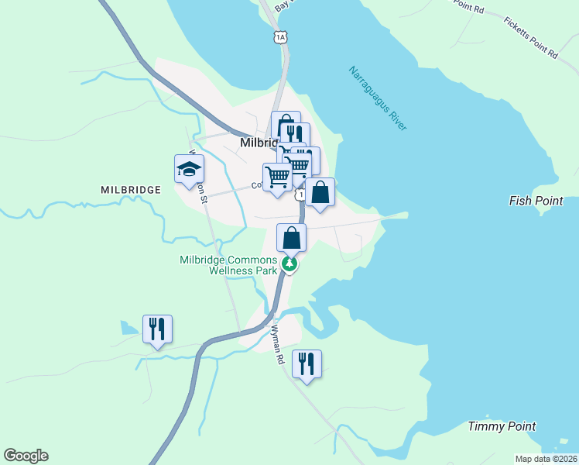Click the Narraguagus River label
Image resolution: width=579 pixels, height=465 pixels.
pyautogui.click(x=377, y=98)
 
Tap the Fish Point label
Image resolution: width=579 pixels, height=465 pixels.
pyautogui.click(x=536, y=201)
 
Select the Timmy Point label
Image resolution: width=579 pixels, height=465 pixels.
pyautogui.click(x=502, y=426)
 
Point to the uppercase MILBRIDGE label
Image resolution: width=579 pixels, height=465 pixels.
pyautogui.click(x=130, y=189)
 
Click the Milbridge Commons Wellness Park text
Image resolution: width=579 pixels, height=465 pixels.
pyautogui.click(x=228, y=265)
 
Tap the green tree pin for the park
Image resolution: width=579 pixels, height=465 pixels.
pyautogui.click(x=289, y=264)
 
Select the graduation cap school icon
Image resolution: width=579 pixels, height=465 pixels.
pyautogui.click(x=189, y=170)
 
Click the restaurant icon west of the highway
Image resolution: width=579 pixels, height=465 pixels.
pyautogui.click(x=157, y=329)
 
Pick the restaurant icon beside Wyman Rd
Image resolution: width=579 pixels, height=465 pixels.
pyautogui.click(x=307, y=363)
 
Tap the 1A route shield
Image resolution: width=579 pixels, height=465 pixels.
pyautogui.click(x=280, y=36)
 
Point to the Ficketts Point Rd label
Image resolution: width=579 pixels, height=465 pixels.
pyautogui.click(x=530, y=38)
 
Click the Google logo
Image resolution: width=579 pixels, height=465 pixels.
pyautogui.click(x=26, y=456)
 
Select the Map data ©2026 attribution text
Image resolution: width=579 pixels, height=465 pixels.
pyautogui.click(x=546, y=459)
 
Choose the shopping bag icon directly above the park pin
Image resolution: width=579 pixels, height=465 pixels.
pyautogui.click(x=291, y=237)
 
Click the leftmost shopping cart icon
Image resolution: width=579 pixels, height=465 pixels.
pyautogui.click(x=277, y=177)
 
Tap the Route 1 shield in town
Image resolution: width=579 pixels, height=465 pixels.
pyautogui.click(x=300, y=195)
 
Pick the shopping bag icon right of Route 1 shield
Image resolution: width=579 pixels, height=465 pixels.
pyautogui.click(x=320, y=192)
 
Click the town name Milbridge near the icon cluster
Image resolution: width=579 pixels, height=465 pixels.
pyautogui.click(x=257, y=143)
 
